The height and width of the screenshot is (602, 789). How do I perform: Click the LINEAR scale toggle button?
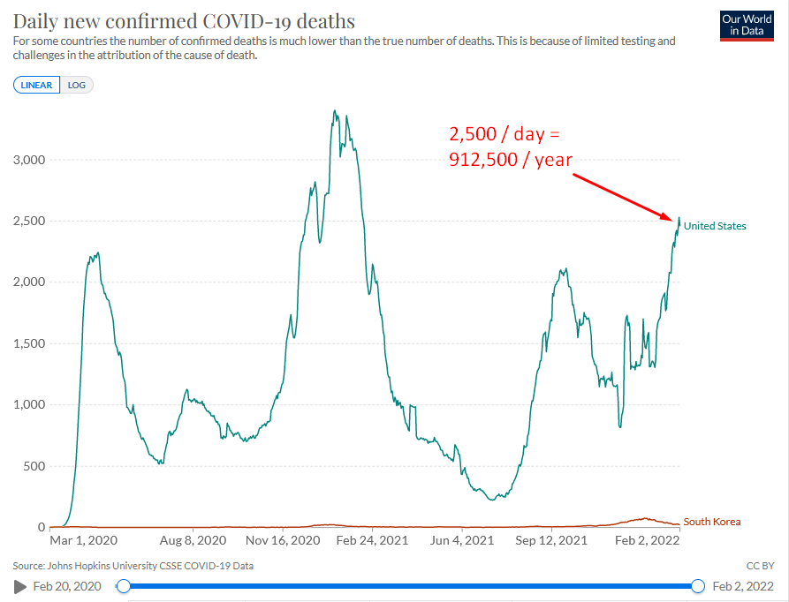(x=37, y=85)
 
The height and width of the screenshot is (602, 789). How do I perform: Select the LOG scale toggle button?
(x=77, y=85)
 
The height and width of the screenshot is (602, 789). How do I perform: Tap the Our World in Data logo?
(x=747, y=26)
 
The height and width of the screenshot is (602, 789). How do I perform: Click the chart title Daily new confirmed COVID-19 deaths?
(x=184, y=21)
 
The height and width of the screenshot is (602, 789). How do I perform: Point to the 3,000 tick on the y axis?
(x=29, y=160)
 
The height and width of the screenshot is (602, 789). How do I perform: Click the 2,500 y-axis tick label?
(x=29, y=221)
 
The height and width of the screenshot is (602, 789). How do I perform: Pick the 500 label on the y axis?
(x=34, y=466)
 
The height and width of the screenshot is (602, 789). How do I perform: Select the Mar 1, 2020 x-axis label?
(x=84, y=540)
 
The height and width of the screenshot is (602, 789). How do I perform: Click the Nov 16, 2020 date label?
(x=283, y=540)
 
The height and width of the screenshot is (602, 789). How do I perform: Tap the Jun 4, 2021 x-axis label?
(x=462, y=540)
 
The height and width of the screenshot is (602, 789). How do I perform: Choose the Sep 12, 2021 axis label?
(x=551, y=540)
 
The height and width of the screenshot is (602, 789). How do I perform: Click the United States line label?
(x=715, y=226)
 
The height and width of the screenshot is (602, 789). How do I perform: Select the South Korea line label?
(x=712, y=522)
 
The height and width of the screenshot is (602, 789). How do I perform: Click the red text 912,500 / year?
(x=511, y=160)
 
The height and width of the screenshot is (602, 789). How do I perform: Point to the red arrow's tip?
(x=672, y=220)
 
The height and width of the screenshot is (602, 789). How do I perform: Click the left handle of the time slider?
(x=123, y=586)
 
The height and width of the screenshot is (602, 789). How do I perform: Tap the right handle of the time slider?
(x=698, y=586)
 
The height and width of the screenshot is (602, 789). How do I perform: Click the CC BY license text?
(x=760, y=566)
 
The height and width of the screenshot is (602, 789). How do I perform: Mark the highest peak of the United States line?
(x=335, y=110)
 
